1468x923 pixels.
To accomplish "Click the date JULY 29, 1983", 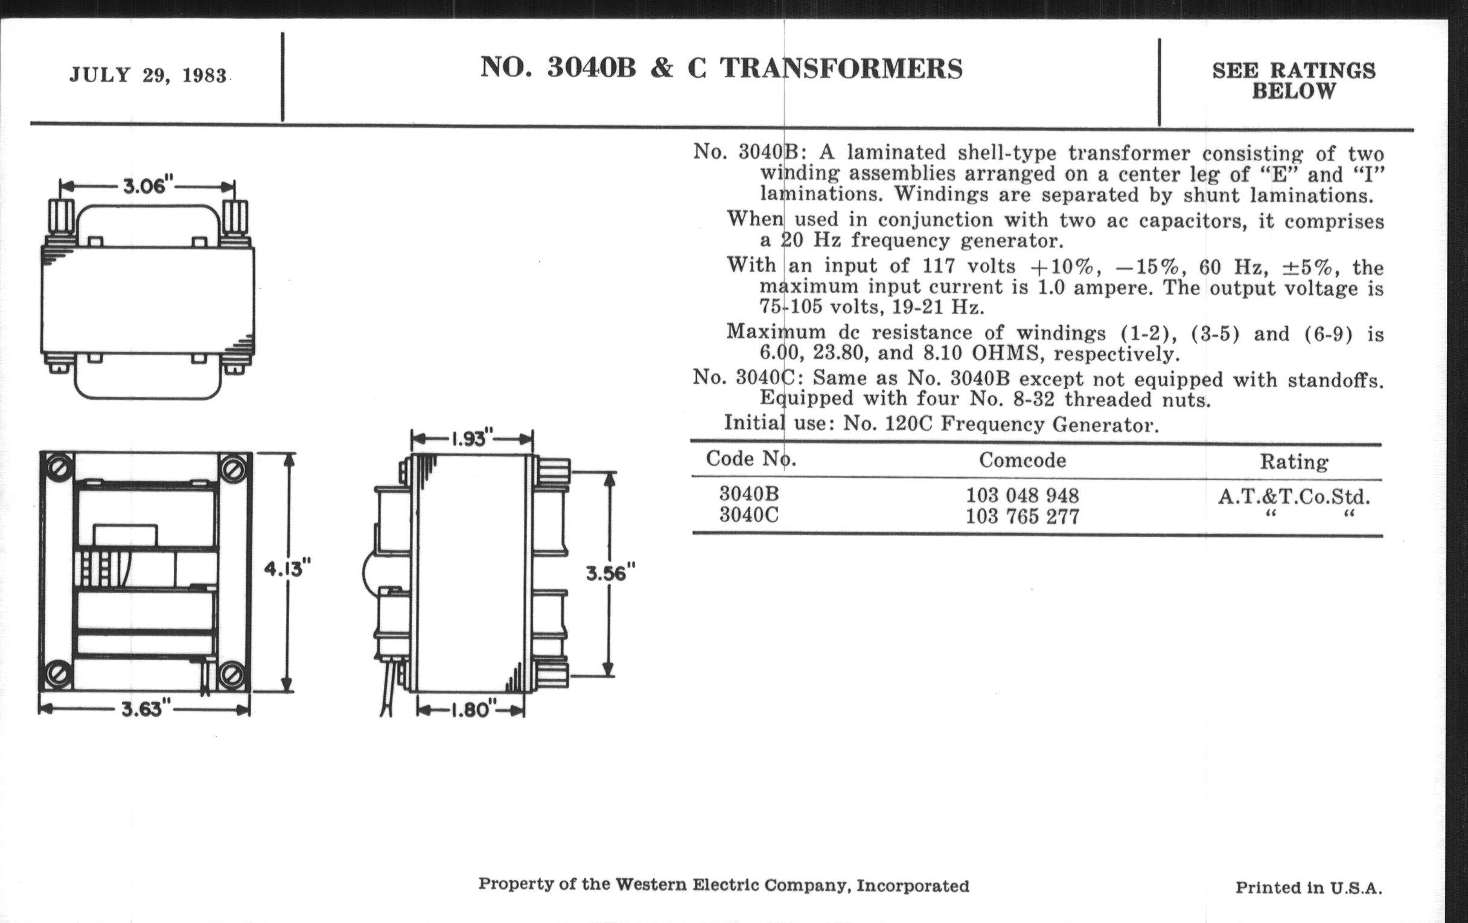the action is point(148,75).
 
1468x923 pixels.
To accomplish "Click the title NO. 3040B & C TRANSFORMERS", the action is point(721,68).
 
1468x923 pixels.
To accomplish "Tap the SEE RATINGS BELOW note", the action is point(1294,81).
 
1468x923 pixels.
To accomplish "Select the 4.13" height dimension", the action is point(287,568).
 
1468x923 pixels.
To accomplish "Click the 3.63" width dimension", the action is point(145,709).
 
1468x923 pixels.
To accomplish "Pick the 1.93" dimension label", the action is point(471,439).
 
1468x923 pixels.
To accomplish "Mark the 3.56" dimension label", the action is point(610,573).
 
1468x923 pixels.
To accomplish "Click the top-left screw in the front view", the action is point(60,468).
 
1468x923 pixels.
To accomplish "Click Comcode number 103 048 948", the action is point(1023,495).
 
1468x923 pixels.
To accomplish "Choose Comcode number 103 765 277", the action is point(1023,516).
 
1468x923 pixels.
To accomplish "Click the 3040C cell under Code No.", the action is point(748,515).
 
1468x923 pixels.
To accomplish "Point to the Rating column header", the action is point(1294,462).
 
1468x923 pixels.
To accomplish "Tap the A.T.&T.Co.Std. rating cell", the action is point(1294,497).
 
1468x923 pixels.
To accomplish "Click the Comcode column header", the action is point(1023,460).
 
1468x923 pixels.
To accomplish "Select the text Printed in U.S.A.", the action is point(1308,887).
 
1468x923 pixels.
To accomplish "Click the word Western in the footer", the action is point(651,884).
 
